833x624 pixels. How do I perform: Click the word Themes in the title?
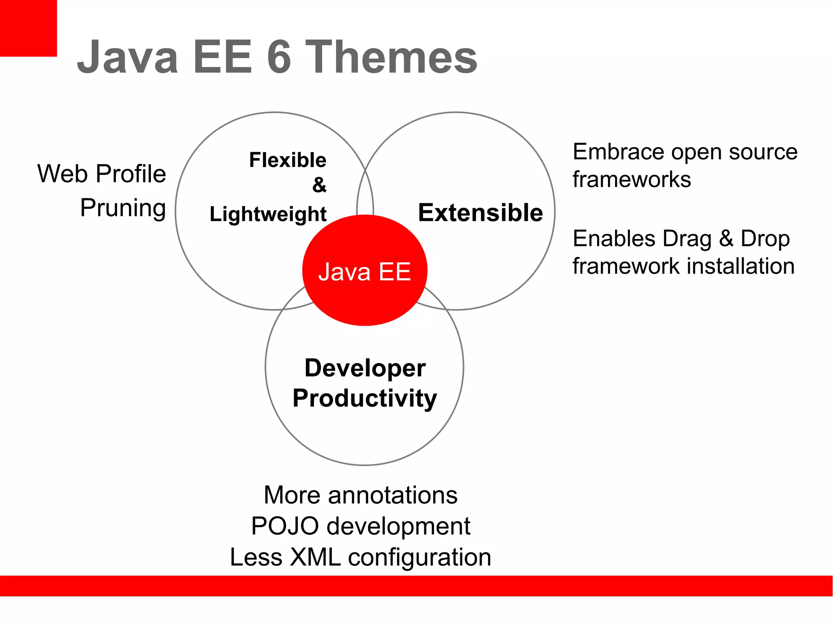(391, 57)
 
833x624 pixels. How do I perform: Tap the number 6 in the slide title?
(279, 57)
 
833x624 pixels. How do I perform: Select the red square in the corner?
(28, 28)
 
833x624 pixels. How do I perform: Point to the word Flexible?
(288, 160)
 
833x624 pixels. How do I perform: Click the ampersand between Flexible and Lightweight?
(319, 185)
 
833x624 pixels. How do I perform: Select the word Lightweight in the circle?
(268, 214)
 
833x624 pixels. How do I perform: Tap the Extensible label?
(480, 213)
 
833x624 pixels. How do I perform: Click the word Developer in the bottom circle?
(365, 368)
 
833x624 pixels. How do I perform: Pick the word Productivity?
(364, 398)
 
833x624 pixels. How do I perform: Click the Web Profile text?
(102, 174)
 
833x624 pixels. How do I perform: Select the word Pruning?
(123, 208)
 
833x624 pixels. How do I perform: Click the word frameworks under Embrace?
(632, 179)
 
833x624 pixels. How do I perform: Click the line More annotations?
(360, 495)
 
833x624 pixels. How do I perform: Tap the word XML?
(315, 557)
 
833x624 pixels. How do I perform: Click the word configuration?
(419, 557)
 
